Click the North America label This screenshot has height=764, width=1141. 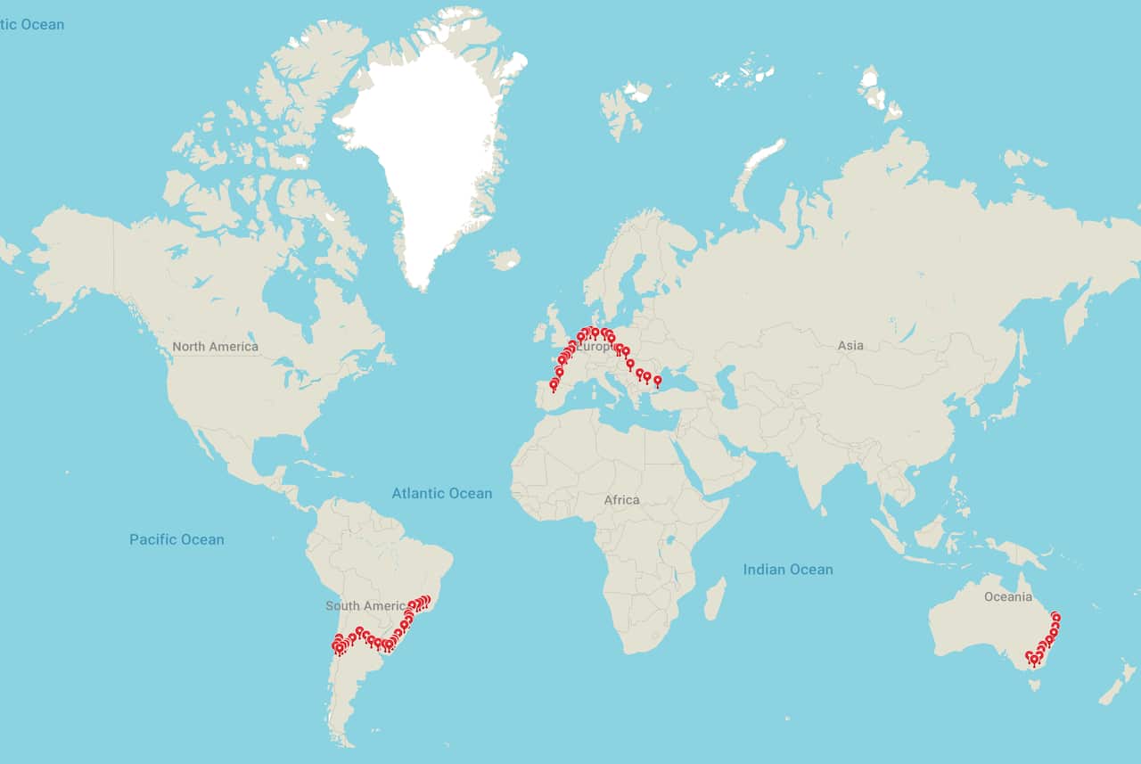215,347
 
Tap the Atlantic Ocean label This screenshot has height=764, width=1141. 441,493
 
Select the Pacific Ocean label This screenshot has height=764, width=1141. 176,539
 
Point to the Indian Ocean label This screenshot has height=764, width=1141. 788,570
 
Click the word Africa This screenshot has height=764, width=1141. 621,500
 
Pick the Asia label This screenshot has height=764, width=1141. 850,345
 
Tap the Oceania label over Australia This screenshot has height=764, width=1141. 1007,596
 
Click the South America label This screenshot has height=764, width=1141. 365,606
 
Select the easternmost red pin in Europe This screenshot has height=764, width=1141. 658,381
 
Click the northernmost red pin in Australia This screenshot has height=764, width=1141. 1056,616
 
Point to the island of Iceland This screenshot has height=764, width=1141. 505,259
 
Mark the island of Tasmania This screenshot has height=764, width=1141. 1034,686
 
